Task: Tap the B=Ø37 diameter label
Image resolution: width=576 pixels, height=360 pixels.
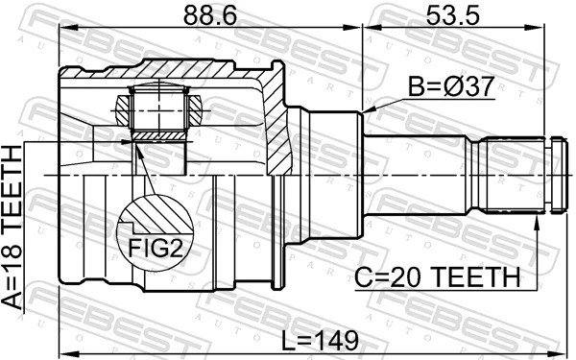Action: [451, 86]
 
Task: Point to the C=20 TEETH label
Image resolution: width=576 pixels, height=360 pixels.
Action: [438, 277]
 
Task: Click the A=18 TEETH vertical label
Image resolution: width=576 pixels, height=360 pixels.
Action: [14, 227]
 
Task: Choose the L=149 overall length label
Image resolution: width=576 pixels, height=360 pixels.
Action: [320, 340]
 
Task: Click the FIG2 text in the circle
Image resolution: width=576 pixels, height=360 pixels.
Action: [156, 249]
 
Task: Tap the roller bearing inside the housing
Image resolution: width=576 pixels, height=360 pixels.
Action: [158, 108]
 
